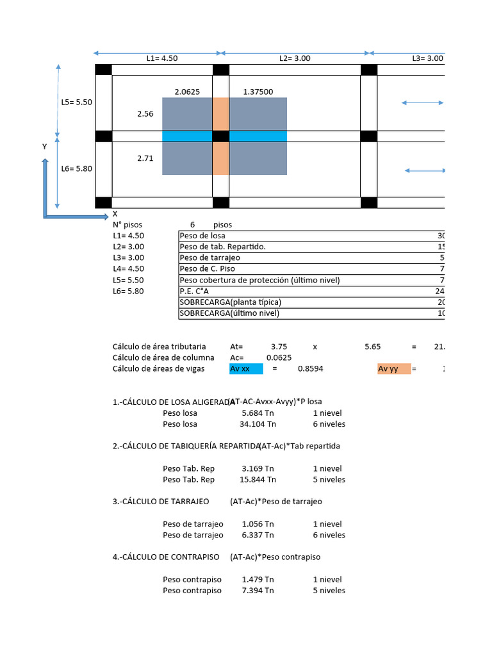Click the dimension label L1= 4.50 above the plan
click(x=161, y=58)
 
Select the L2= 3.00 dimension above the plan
click(x=295, y=58)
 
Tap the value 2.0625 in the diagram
click(x=187, y=92)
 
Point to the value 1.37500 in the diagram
click(x=258, y=92)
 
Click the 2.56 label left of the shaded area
click(x=145, y=114)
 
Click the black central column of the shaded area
click(x=220, y=136)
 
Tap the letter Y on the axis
click(x=44, y=147)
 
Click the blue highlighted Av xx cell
click(x=246, y=369)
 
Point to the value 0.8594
click(x=310, y=369)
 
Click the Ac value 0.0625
click(x=279, y=357)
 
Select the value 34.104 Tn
click(x=259, y=424)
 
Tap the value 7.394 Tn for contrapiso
click(x=258, y=591)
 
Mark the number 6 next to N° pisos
click(x=192, y=225)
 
